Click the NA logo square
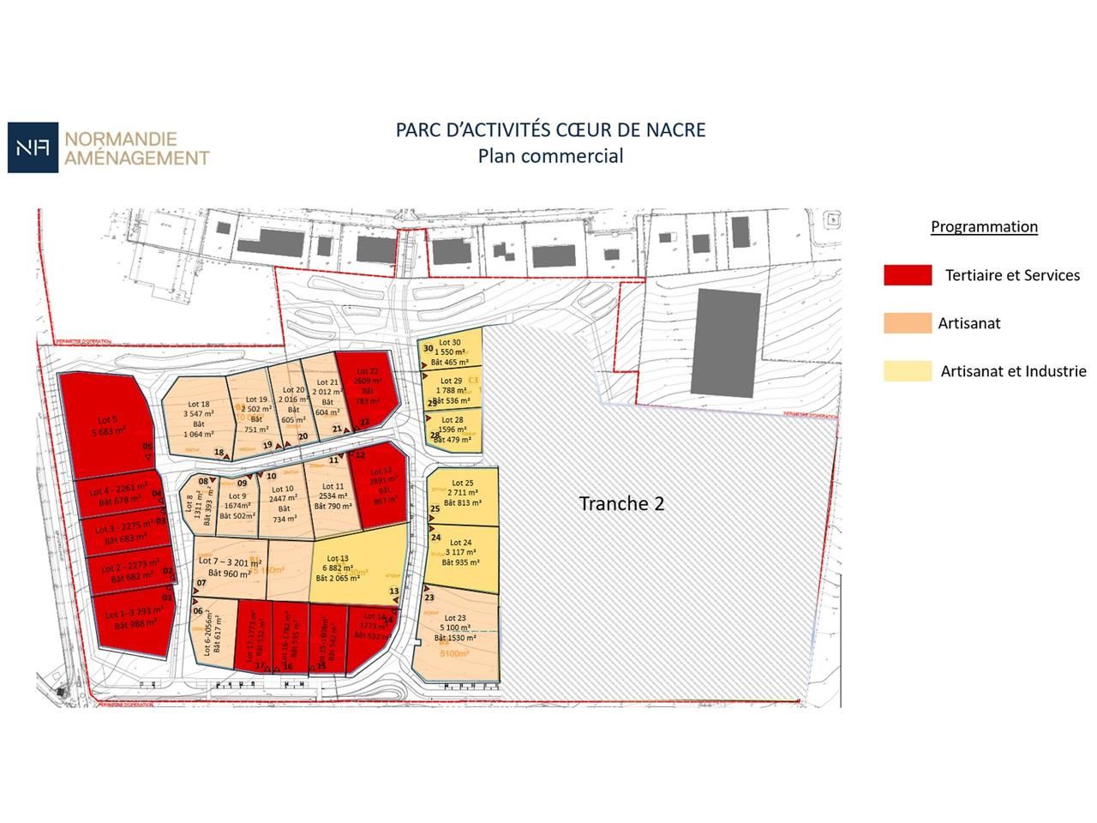[x=33, y=147]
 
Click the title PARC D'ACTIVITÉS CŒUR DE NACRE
[x=550, y=130]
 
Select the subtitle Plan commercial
[x=550, y=156]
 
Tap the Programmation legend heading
[x=984, y=227]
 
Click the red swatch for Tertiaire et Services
[x=908, y=275]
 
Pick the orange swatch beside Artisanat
[x=908, y=323]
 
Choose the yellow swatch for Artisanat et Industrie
[x=908, y=371]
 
